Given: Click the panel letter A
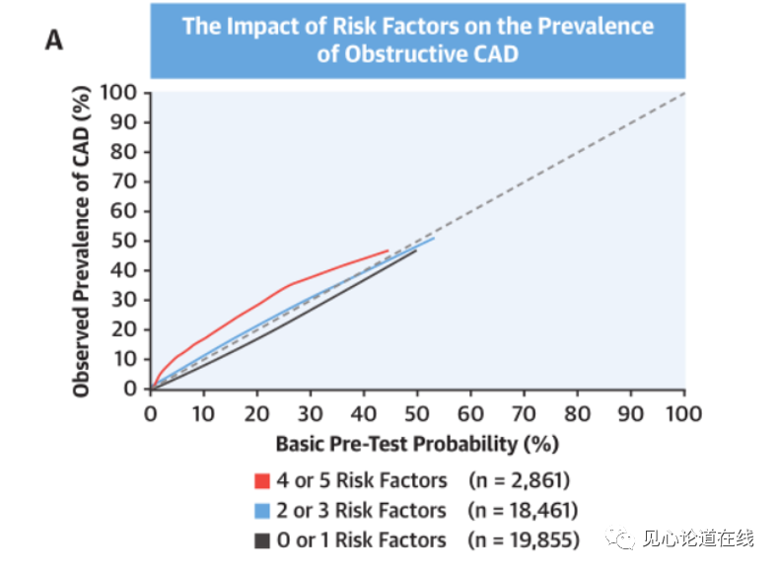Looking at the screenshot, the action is point(54,40).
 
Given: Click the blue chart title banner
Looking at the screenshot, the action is point(418,40).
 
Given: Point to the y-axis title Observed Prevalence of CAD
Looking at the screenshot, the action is point(81,242).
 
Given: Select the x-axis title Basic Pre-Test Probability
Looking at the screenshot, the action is point(417,444).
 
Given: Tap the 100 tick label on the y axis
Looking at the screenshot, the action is point(118,93).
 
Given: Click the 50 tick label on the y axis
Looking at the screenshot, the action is point(123,241).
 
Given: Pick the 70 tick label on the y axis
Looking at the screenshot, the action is point(123,181).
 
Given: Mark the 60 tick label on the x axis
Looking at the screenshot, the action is point(470,413).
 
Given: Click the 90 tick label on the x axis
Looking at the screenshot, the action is point(630,413).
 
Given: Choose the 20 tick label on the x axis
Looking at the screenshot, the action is point(256,413).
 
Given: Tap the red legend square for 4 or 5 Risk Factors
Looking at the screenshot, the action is point(262,481).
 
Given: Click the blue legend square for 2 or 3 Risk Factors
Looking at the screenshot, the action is point(262,511).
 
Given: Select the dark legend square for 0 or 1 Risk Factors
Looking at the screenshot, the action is point(262,540).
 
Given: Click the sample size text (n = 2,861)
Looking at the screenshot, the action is point(519,480).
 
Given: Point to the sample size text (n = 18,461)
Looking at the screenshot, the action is point(523,511).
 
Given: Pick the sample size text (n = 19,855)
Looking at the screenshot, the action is point(524,540).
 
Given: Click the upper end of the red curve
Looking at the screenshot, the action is point(388,250).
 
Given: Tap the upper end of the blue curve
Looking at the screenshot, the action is point(434,239).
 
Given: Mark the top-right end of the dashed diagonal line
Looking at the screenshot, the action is point(685,93).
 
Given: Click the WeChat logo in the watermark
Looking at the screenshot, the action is point(619,537).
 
